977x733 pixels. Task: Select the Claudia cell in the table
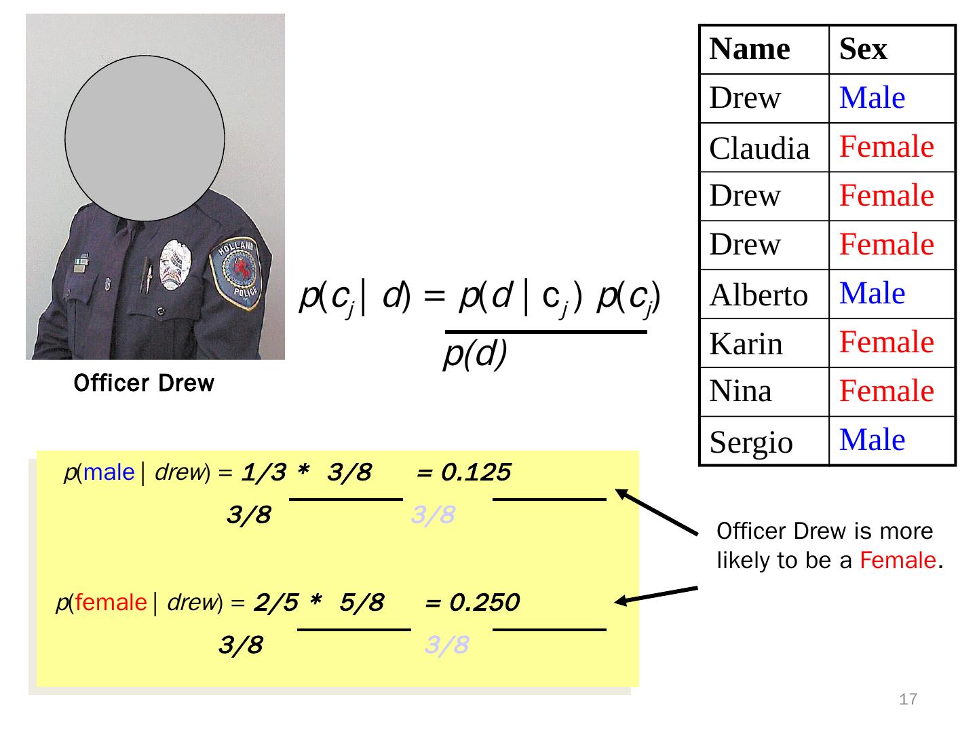click(x=759, y=147)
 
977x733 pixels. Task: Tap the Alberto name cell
click(x=759, y=294)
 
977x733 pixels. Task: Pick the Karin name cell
click(x=746, y=343)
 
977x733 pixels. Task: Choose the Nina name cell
click(x=740, y=390)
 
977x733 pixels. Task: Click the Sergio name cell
click(x=751, y=442)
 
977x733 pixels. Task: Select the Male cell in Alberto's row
click(x=872, y=293)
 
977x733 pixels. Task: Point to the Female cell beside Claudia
click(x=886, y=146)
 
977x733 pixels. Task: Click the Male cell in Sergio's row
click(x=872, y=439)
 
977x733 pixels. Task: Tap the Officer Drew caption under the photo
click(x=144, y=383)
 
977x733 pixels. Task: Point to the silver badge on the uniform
click(x=175, y=265)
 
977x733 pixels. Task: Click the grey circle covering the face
click(x=145, y=138)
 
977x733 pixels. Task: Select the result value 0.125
click(x=476, y=472)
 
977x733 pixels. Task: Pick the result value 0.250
click(x=484, y=602)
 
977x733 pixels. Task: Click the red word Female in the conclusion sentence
click(x=898, y=559)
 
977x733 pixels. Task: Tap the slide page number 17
click(x=908, y=699)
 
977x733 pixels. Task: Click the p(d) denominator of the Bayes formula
click(x=475, y=354)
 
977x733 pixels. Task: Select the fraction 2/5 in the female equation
click(x=276, y=602)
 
